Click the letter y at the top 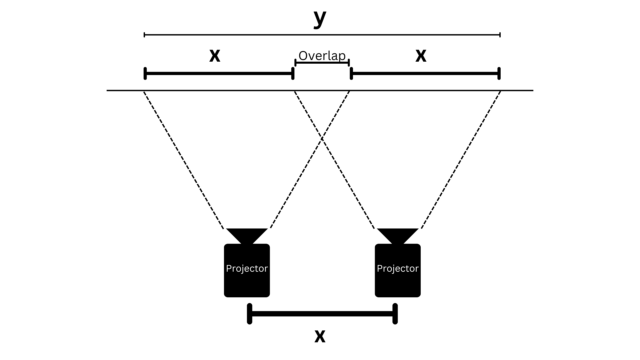pos(320,19)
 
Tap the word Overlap pos(322,56)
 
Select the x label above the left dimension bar pos(215,55)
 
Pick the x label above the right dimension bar pos(421,55)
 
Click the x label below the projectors pos(320,336)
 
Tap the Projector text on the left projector pos(247,269)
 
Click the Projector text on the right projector pos(398,269)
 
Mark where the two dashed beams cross pos(322,138)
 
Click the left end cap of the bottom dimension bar pos(250,314)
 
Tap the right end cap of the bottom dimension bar pos(395,314)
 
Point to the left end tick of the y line pos(144,35)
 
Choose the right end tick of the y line pos(500,35)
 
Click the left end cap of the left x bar pos(145,73)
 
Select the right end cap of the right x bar pos(499,73)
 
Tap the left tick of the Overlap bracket pos(295,62)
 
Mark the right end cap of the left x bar pos(293,73)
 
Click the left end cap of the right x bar pos(351,73)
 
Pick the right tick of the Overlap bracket pos(349,62)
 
